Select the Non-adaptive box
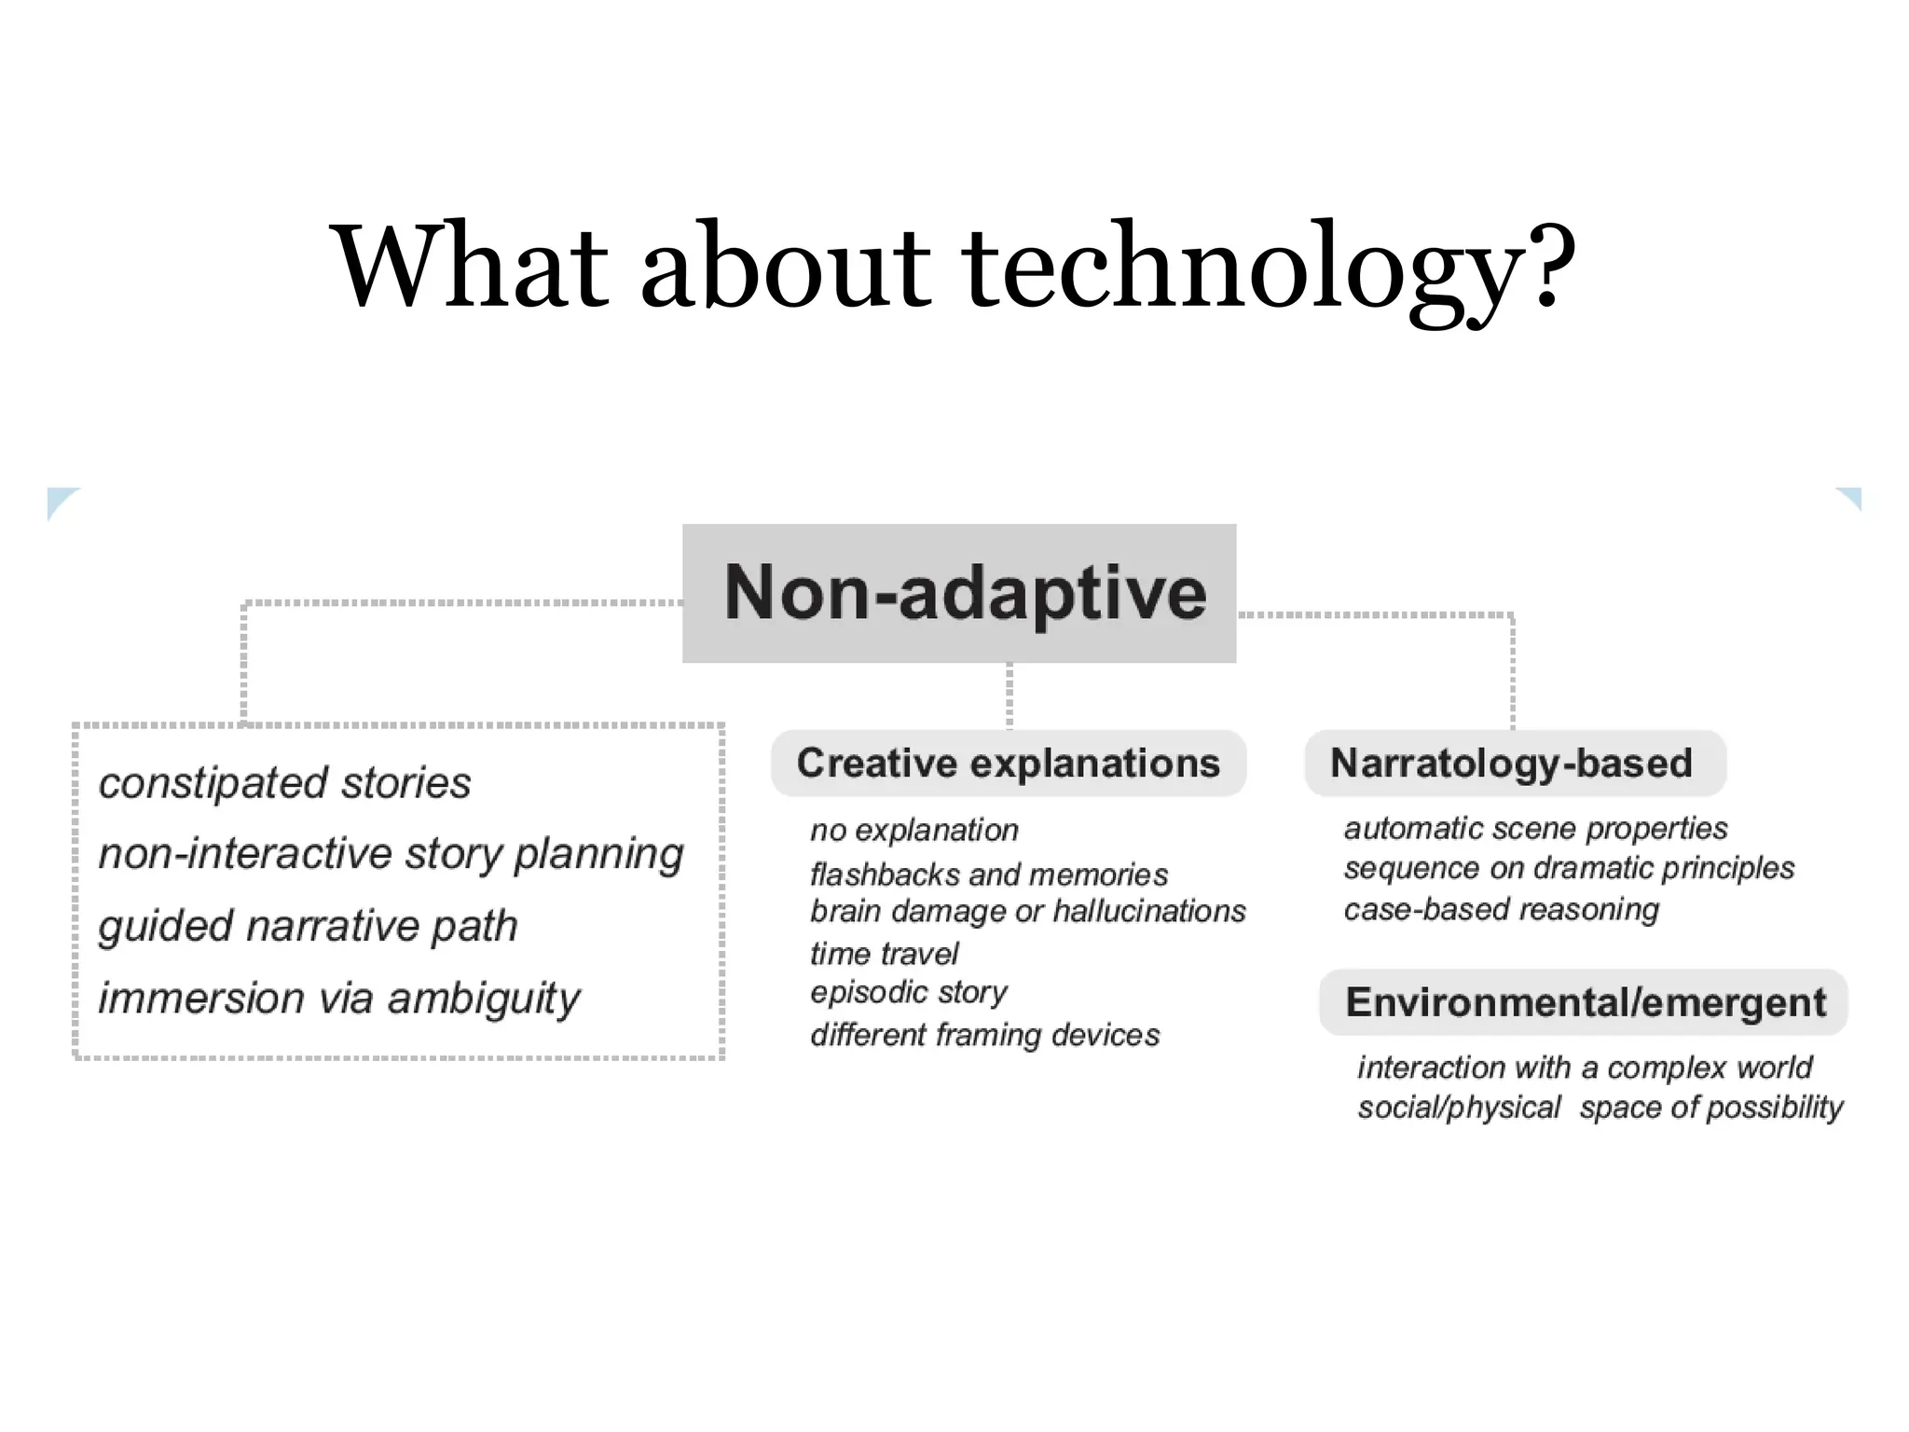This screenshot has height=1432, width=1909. coord(959,593)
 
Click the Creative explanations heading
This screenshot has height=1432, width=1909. coord(1008,764)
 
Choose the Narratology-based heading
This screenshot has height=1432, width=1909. coord(1511,764)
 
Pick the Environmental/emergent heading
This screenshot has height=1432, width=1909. coord(1585,1002)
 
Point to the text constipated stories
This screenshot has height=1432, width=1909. coord(284,782)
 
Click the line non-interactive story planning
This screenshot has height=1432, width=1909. coord(391,854)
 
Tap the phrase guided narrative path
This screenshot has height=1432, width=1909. coord(308,926)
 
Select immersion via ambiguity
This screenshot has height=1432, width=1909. coord(339,998)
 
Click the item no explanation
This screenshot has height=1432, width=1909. coord(913,830)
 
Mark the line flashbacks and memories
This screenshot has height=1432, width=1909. coord(988,874)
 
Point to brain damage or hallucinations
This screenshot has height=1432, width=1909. coord(1027,911)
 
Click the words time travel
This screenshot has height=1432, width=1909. coord(884,954)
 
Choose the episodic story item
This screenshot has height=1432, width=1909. coord(909,992)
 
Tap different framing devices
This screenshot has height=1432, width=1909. coord(984,1035)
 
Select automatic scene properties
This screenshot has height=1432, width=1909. coord(1535,828)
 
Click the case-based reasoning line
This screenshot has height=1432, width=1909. coord(1501,909)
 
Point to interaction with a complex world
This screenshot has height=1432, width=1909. coord(1585,1067)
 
